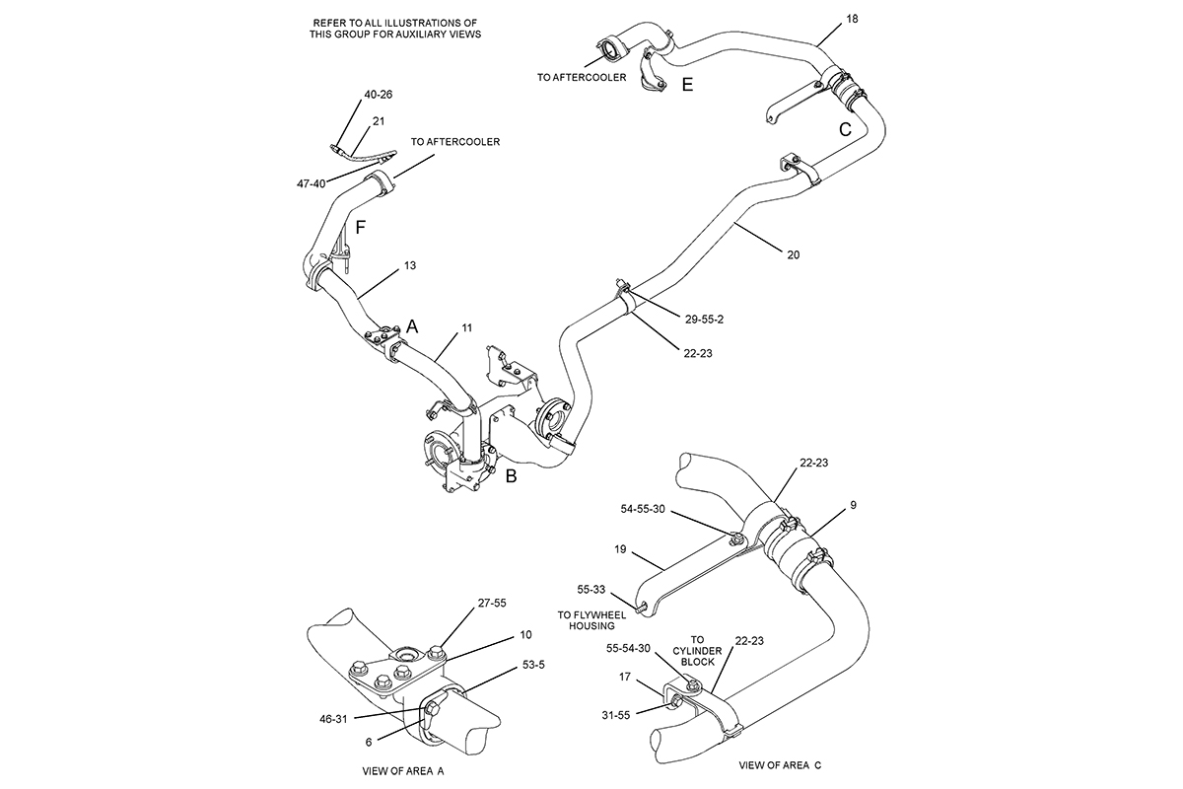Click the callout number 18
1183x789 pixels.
coord(852,19)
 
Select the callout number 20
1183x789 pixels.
coord(794,254)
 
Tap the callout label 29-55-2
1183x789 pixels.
coord(704,320)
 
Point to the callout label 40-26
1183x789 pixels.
coord(379,95)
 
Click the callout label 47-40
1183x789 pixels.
coord(312,183)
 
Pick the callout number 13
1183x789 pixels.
coord(410,265)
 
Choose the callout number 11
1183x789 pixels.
coord(467,327)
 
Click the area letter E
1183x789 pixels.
coord(687,85)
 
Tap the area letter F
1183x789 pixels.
coord(360,228)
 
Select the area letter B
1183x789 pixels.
coord(511,476)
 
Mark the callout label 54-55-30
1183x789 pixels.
coord(643,509)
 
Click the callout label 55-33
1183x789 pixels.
coord(591,589)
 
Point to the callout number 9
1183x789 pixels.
coord(853,505)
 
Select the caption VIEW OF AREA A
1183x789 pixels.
coord(403,771)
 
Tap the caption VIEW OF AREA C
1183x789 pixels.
coord(780,765)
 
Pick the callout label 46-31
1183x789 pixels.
coord(333,719)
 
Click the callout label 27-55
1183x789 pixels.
coord(492,603)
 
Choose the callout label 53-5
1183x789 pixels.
coord(533,665)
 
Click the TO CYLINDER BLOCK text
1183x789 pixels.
coord(697,651)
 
